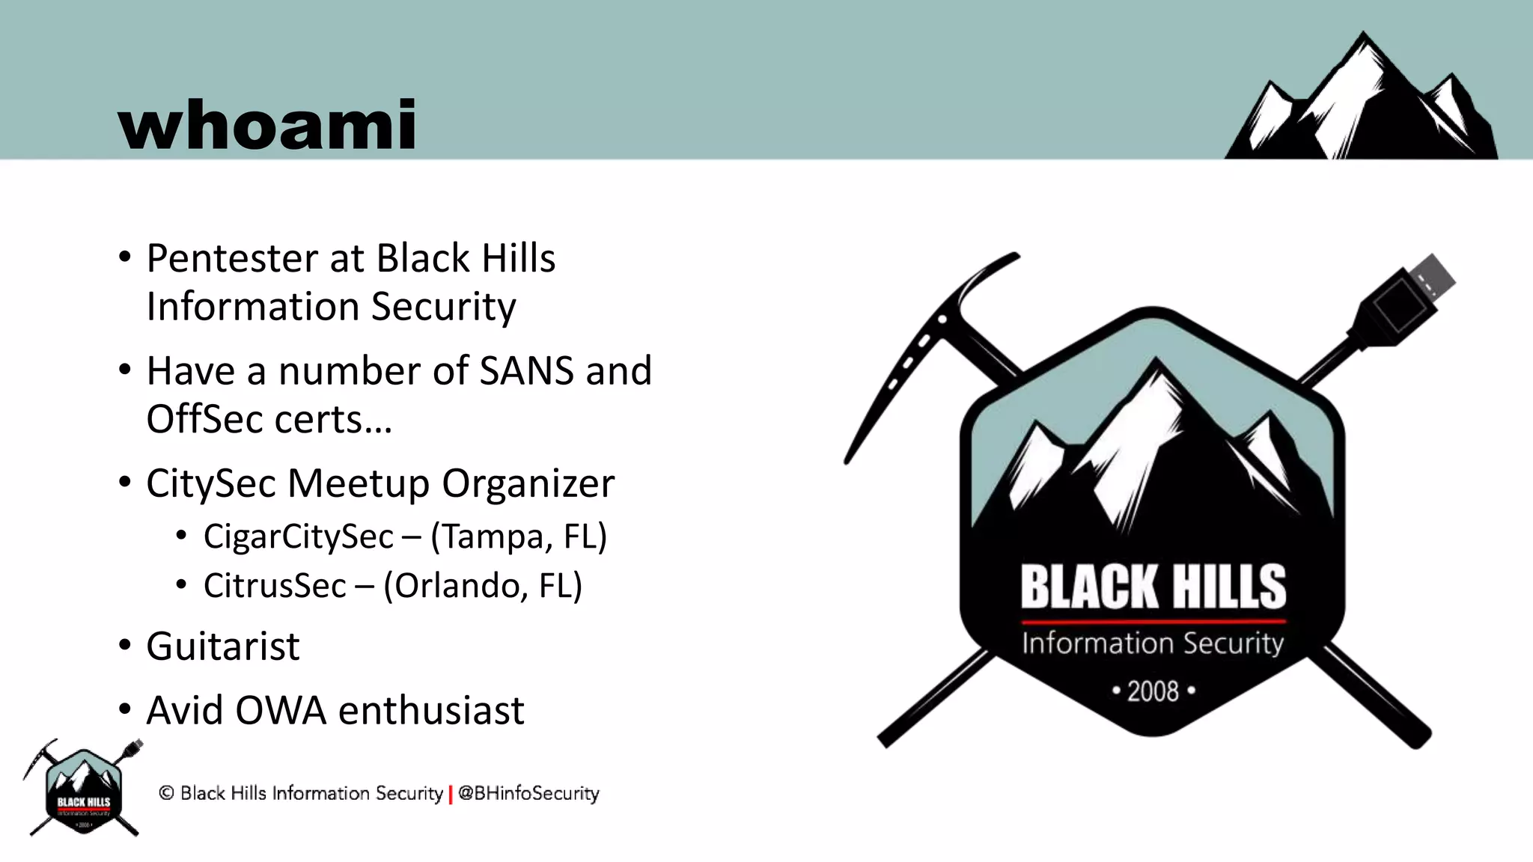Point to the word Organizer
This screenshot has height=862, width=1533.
(528, 483)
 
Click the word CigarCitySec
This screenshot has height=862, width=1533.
(298, 537)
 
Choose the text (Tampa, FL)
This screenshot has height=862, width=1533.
(518, 537)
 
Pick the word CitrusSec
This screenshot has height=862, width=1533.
(275, 585)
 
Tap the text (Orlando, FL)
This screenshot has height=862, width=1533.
(482, 585)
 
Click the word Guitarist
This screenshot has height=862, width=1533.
(223, 646)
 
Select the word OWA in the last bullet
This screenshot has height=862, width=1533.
(280, 710)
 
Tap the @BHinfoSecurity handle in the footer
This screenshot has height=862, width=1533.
(528, 793)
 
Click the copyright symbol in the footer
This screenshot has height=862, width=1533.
(166, 793)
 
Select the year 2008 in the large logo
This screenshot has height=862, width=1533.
(1153, 691)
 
